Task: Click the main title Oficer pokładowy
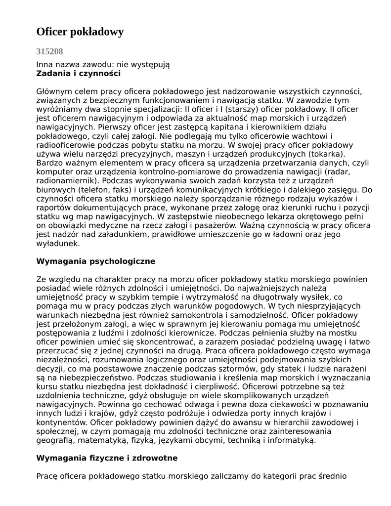click(x=80, y=32)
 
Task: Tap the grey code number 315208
click(x=49, y=51)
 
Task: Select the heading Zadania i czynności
click(x=78, y=74)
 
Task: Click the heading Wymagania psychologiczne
click(x=95, y=261)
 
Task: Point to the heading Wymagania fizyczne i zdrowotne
click(x=107, y=458)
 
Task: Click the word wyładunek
click(x=57, y=244)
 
